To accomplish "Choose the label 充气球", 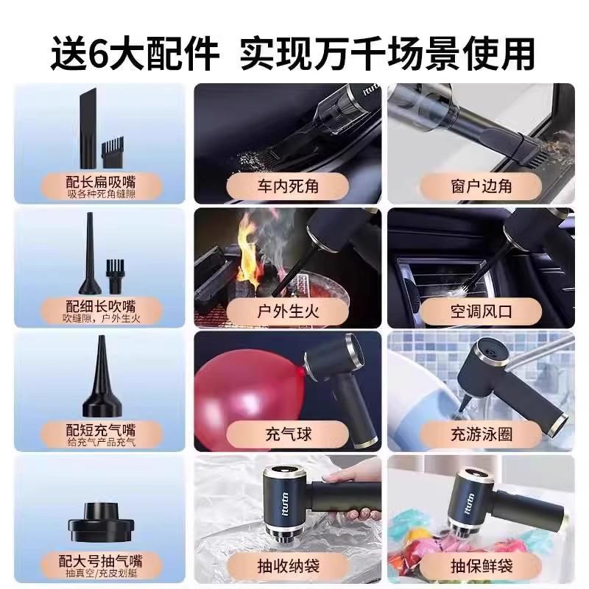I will tap(287, 433).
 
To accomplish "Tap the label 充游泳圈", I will tap(480, 433).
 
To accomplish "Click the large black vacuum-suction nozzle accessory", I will tap(100, 515).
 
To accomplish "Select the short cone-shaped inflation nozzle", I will tap(100, 383).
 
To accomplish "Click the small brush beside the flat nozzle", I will tap(114, 151).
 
